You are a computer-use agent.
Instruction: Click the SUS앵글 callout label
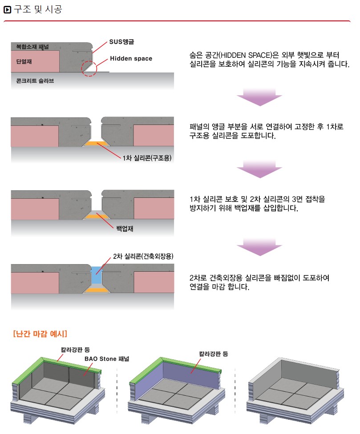coord(121,42)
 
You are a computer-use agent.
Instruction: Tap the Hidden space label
coord(131,58)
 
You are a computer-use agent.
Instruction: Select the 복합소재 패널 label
coord(32,47)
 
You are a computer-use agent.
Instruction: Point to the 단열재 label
coord(24,61)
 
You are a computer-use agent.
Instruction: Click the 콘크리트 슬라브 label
coord(35,81)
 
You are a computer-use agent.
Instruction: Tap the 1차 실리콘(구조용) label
coord(147,158)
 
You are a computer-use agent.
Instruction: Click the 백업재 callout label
coord(125,229)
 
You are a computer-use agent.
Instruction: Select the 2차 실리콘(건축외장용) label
coord(143,256)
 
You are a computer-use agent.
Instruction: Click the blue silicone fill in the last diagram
coord(97,276)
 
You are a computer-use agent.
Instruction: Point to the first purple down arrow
coord(259,97)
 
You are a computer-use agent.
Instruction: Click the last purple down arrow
coord(259,247)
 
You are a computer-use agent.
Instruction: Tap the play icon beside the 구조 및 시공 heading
coord(7,10)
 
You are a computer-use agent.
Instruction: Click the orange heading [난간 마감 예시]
coord(40,334)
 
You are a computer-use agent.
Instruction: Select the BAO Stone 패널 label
coord(107,359)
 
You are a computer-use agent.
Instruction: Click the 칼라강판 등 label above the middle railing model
coord(214,354)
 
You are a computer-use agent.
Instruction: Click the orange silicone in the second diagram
coord(96,144)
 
